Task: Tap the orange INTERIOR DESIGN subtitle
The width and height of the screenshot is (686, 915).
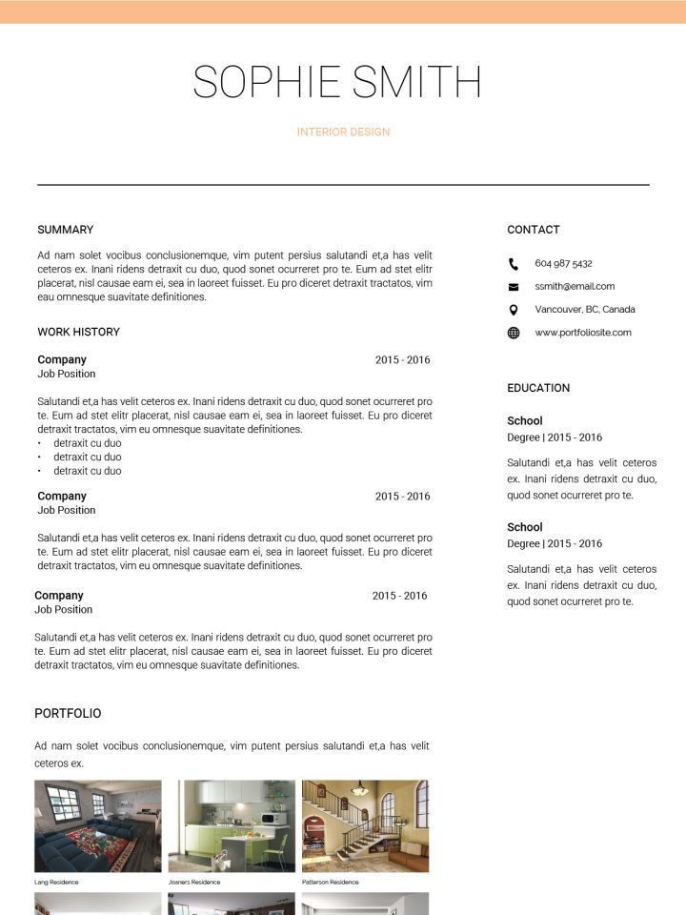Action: (x=343, y=132)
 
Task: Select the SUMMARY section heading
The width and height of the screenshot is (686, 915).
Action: (x=66, y=230)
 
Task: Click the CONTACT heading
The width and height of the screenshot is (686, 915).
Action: (x=534, y=230)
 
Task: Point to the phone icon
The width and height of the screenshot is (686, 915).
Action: (x=514, y=264)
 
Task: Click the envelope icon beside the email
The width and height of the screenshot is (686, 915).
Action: (x=514, y=287)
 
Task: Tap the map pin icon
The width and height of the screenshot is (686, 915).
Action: (x=514, y=310)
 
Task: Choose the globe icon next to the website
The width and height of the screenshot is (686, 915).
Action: (x=514, y=333)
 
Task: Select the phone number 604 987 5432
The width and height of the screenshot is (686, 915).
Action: (x=563, y=263)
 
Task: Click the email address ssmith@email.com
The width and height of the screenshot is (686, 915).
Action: (x=575, y=286)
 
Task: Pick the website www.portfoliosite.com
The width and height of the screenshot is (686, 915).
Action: (x=583, y=333)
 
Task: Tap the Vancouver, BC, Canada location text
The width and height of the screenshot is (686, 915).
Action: (x=585, y=309)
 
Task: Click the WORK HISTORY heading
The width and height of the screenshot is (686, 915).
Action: (x=79, y=332)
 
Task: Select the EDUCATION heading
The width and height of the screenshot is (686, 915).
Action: (x=538, y=388)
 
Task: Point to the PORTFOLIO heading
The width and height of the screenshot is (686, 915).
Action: (x=68, y=713)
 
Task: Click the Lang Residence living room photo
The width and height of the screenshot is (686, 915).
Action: (x=98, y=825)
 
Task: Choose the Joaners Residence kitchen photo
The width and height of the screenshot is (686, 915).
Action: (x=232, y=825)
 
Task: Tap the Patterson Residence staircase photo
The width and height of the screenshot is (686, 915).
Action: (x=365, y=825)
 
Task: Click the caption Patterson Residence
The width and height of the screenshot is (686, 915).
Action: (x=331, y=883)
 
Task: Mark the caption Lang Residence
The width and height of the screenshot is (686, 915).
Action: (x=56, y=883)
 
